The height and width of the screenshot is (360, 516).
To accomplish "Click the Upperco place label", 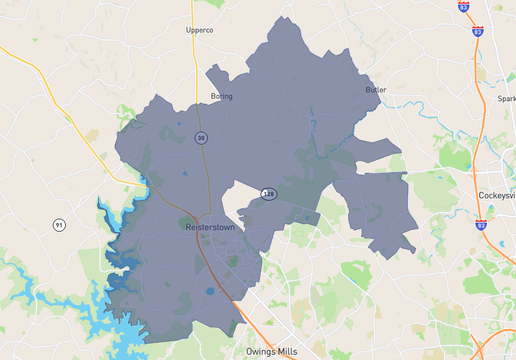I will point(199,30).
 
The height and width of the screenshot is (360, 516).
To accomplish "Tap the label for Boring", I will point(221,97).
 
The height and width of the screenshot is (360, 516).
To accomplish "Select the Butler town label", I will point(375,90).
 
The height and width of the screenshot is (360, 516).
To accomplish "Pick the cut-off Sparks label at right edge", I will point(507,99).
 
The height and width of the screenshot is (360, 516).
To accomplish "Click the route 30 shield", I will point(201,139).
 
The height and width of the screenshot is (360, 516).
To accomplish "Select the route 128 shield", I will point(268,193).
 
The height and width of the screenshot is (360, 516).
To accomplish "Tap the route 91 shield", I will point(59,225).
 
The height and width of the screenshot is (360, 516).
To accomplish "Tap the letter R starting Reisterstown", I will point(189,227).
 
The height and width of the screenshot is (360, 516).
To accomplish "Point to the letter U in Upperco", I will point(188,30).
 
